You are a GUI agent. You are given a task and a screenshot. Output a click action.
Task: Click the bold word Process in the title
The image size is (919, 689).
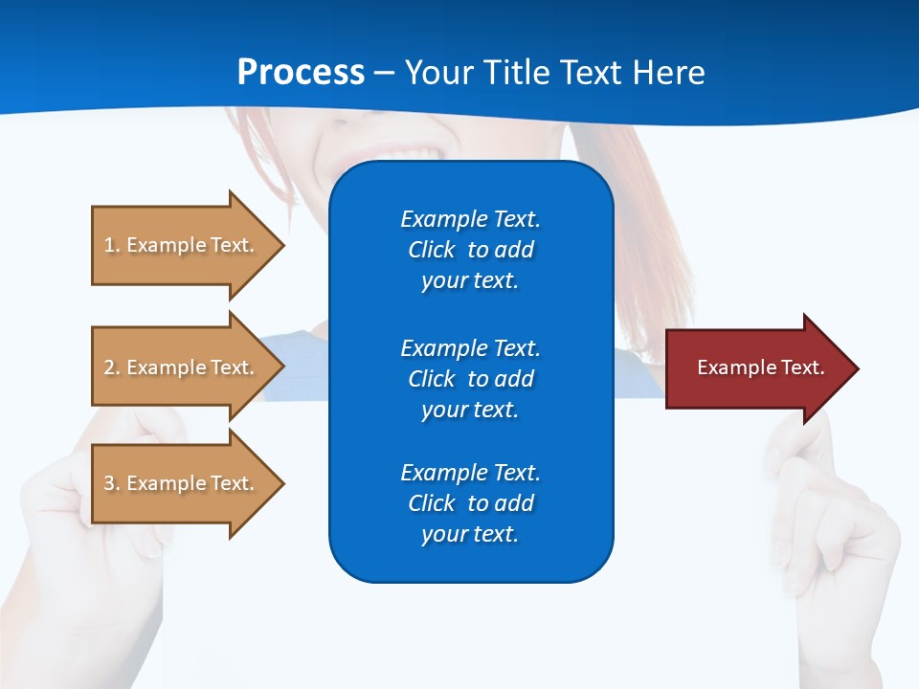(x=301, y=73)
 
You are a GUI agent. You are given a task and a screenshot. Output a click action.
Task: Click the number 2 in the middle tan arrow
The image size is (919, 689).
(x=109, y=367)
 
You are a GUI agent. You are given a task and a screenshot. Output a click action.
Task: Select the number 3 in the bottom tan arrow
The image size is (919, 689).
(x=109, y=483)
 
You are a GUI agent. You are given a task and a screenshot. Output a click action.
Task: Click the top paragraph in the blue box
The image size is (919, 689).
(x=470, y=250)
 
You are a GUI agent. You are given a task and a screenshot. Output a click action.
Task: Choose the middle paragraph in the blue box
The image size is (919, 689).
(x=470, y=379)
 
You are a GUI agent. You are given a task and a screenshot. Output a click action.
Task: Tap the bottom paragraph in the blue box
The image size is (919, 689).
(x=470, y=503)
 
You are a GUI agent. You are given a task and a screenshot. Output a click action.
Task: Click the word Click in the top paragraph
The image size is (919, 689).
(x=431, y=250)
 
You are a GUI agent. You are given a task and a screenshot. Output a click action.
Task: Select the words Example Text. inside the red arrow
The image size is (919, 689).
(x=761, y=367)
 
